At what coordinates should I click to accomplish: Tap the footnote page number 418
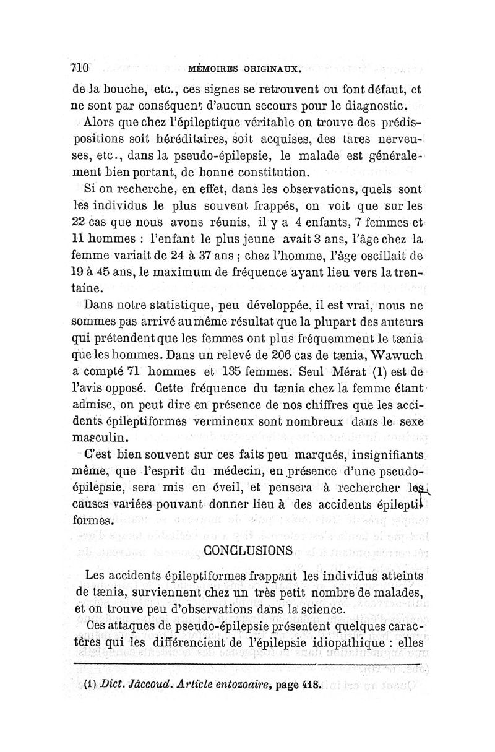click(306, 685)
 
